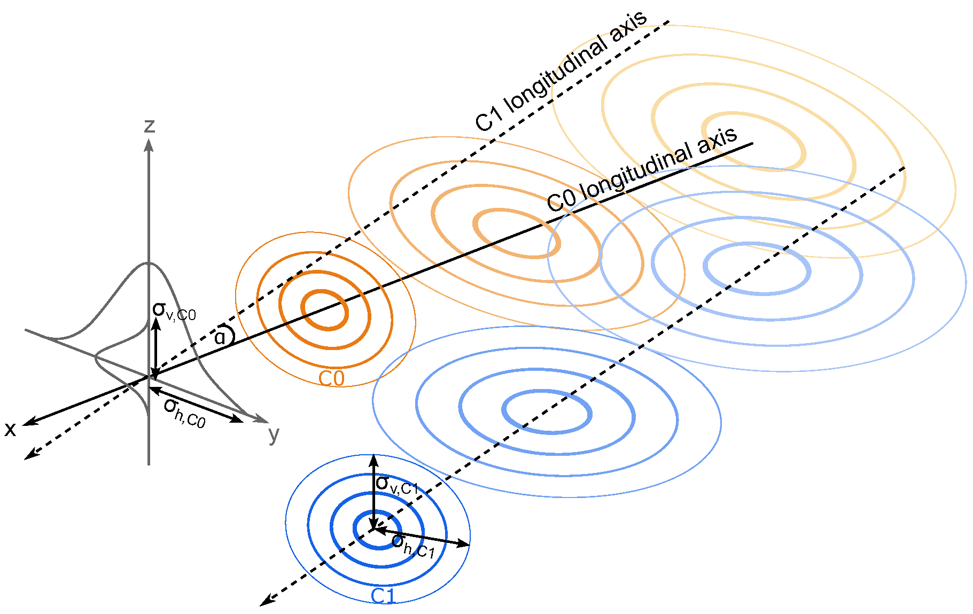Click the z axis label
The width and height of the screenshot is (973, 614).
click(150, 126)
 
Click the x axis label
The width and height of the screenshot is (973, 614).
click(10, 429)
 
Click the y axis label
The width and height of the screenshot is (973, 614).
click(274, 434)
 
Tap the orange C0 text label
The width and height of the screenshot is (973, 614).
click(331, 378)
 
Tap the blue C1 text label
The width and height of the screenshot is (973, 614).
click(383, 596)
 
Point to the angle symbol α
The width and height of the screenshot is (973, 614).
click(220, 337)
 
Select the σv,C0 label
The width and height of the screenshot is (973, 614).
click(174, 311)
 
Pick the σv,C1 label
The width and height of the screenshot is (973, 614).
click(396, 485)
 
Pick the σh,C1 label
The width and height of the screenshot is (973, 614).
click(413, 546)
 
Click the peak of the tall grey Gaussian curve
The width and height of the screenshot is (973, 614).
click(149, 263)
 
